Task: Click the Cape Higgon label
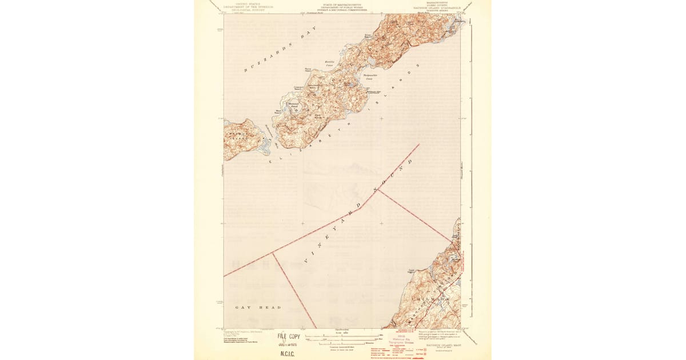pos(410,272)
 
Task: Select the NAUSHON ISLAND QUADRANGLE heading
pos(442,7)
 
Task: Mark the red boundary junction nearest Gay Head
pos(273,253)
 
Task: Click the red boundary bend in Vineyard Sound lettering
pos(377,190)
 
